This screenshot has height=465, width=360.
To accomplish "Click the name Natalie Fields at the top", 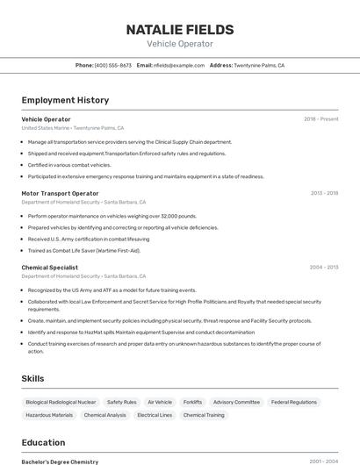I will (179, 29).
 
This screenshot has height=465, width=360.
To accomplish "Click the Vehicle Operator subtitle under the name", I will (179, 44).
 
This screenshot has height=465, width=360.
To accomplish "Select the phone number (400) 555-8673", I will (113, 65).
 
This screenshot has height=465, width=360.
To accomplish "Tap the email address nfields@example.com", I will (179, 65).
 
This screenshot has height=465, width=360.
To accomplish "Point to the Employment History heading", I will (65, 100).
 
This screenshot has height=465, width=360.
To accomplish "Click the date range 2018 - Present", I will (320, 118).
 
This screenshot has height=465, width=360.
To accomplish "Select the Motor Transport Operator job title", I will (60, 193).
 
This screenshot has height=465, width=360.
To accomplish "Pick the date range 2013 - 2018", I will (324, 193).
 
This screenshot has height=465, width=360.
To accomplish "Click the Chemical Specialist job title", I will (50, 267).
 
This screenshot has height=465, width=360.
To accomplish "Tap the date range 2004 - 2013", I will (323, 267).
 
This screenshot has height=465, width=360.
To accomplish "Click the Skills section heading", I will (33, 378).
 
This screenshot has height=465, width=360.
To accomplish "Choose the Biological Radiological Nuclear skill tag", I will (61, 402).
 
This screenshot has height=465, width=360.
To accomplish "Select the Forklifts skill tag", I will (192, 402).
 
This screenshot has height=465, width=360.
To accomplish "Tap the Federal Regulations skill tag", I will (293, 402).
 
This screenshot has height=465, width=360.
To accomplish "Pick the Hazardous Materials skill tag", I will (49, 415).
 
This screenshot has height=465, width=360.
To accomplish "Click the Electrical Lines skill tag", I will (155, 415).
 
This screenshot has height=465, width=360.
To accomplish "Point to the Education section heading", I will (43, 442).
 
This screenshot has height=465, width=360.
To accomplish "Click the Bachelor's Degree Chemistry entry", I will (60, 461).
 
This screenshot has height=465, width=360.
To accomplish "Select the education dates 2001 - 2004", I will (323, 461).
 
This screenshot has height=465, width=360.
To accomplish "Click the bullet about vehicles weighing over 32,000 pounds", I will (112, 215).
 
